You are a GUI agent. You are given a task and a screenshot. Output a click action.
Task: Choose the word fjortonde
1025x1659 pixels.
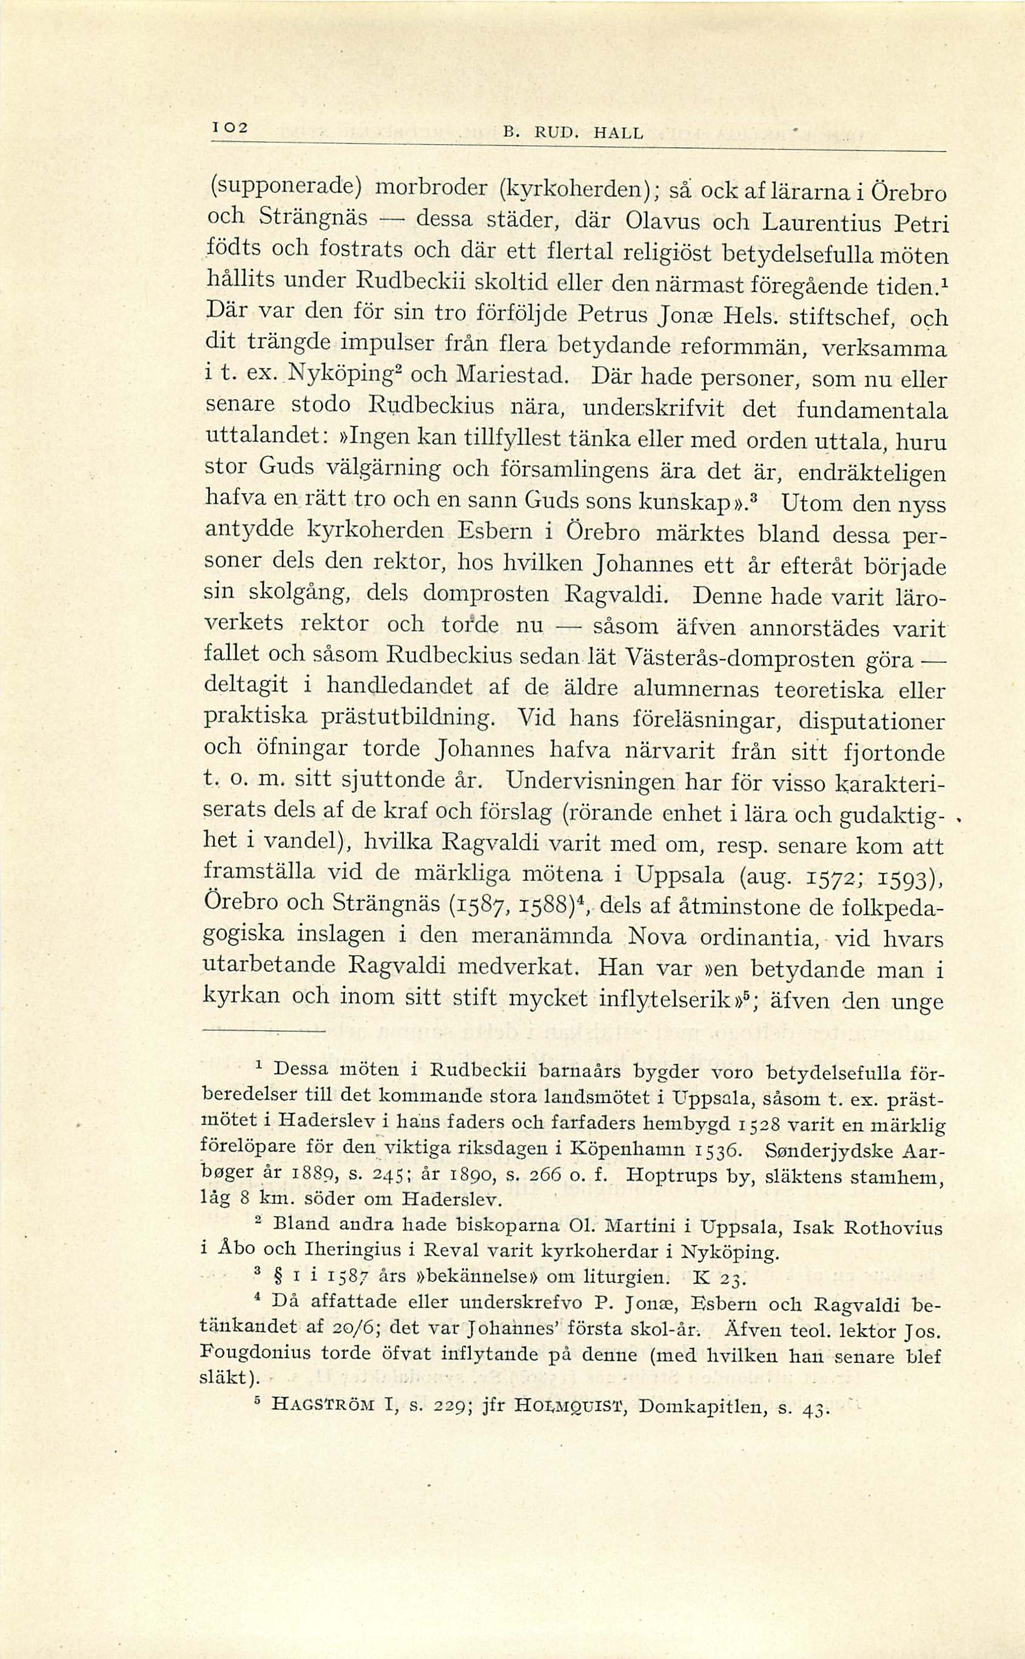tap(886, 754)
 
